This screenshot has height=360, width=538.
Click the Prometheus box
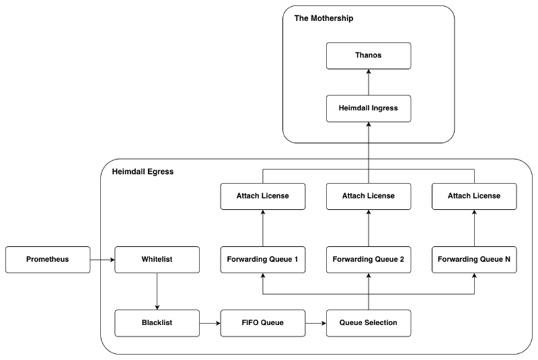47,259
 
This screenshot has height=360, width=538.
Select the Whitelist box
157,259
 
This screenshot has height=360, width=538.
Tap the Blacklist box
157,323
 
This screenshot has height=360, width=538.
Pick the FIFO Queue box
262,323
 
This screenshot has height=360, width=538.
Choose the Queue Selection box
368,323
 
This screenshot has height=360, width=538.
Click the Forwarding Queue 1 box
262,259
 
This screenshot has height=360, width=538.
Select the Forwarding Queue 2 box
368,259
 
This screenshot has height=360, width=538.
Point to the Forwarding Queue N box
474,259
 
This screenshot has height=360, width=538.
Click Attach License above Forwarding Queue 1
262,196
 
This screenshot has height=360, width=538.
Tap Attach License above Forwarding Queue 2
368,196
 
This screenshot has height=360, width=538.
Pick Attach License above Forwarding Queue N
474,196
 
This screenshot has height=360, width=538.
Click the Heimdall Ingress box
368,108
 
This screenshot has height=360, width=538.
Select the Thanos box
368,55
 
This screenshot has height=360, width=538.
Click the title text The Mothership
323,18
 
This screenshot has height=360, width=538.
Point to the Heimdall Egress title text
142,172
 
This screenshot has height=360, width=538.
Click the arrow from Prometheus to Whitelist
102,259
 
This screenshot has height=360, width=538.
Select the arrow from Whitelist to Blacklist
157,291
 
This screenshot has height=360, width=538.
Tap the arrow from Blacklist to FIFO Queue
210,323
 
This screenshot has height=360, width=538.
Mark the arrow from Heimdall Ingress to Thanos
368,82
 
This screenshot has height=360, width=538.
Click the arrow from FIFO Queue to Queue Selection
315,323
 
